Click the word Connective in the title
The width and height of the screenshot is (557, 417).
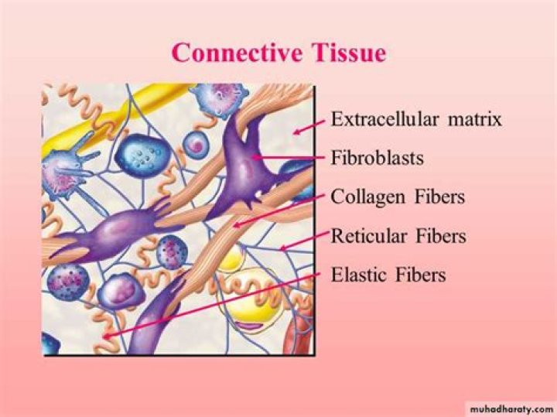point(237,53)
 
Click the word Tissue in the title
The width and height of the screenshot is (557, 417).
point(349,53)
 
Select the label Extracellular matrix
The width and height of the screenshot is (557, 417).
point(416,119)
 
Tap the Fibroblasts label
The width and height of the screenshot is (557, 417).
point(378,158)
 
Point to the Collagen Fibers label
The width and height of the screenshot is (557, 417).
point(398,197)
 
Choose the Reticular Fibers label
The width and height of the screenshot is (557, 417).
point(398,236)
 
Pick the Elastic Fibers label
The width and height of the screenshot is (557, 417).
point(388,275)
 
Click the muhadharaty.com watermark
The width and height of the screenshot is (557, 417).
point(511,409)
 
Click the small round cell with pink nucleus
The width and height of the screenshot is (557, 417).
point(195,144)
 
